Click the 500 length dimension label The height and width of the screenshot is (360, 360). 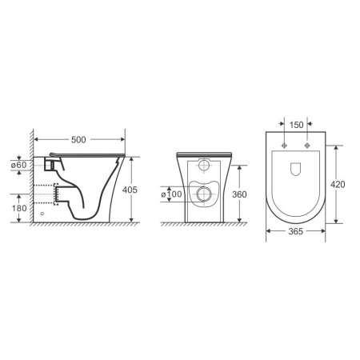[x=78, y=139]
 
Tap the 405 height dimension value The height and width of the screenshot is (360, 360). [x=130, y=190]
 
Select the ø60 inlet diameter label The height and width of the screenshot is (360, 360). [x=18, y=165]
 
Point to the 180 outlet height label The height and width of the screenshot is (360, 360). [x=19, y=208]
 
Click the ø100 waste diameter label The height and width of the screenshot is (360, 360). [x=171, y=194]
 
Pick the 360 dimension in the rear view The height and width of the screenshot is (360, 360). [x=239, y=194]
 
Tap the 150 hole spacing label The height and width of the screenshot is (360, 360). [x=296, y=125]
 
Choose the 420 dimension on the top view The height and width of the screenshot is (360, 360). [x=338, y=184]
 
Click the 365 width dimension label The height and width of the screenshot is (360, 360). [x=296, y=231]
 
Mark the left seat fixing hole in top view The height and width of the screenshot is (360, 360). [x=284, y=146]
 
